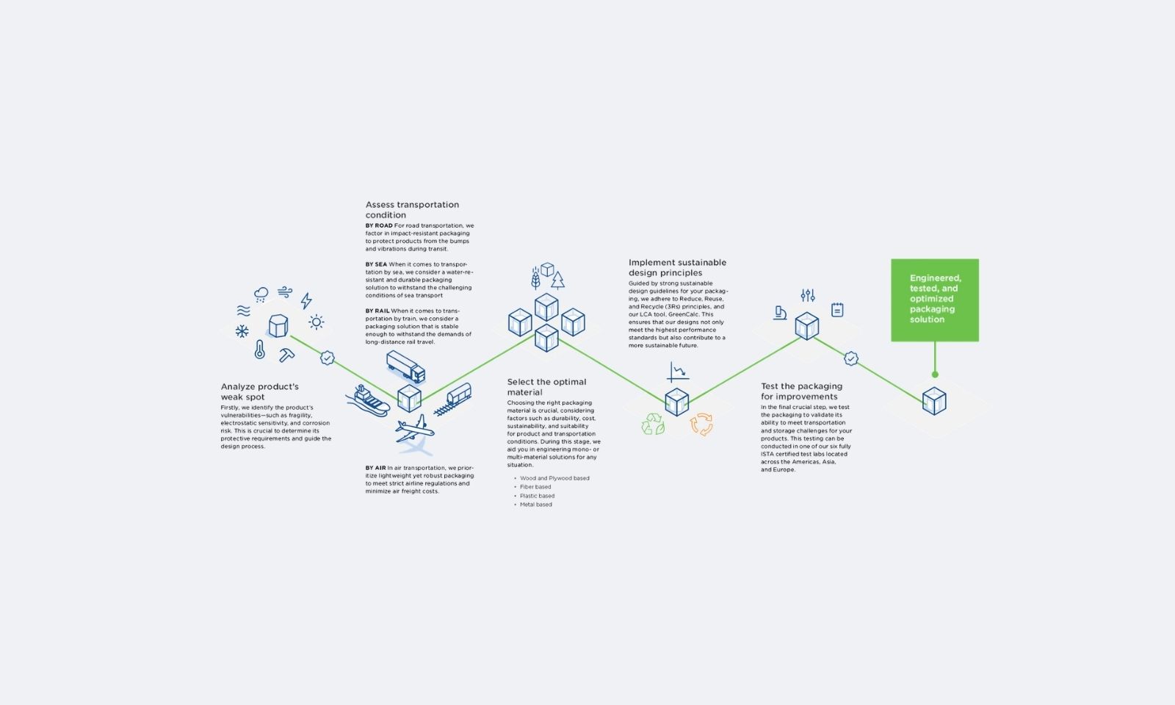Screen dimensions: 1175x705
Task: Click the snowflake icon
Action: (242, 331)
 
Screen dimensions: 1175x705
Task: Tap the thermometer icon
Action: (260, 350)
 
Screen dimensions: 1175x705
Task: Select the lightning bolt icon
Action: (306, 300)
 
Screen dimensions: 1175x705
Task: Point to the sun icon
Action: (317, 322)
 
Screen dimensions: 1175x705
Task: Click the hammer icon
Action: (286, 355)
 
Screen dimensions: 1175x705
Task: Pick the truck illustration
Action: (406, 366)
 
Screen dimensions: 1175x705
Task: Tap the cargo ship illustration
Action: (368, 401)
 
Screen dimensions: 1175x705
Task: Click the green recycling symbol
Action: (653, 424)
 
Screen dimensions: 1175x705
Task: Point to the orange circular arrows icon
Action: (701, 424)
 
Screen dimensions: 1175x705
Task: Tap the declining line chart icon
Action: (678, 372)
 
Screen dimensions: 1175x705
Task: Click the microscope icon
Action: (780, 313)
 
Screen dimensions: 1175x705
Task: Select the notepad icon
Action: (837, 310)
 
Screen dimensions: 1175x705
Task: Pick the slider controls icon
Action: (808, 295)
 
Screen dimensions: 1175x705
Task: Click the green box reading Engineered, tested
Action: (935, 300)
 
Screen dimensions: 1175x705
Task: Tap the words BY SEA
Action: (376, 264)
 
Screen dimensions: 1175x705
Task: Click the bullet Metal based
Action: (535, 505)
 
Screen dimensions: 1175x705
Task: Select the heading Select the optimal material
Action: (546, 387)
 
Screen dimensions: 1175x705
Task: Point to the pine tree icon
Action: (557, 280)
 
